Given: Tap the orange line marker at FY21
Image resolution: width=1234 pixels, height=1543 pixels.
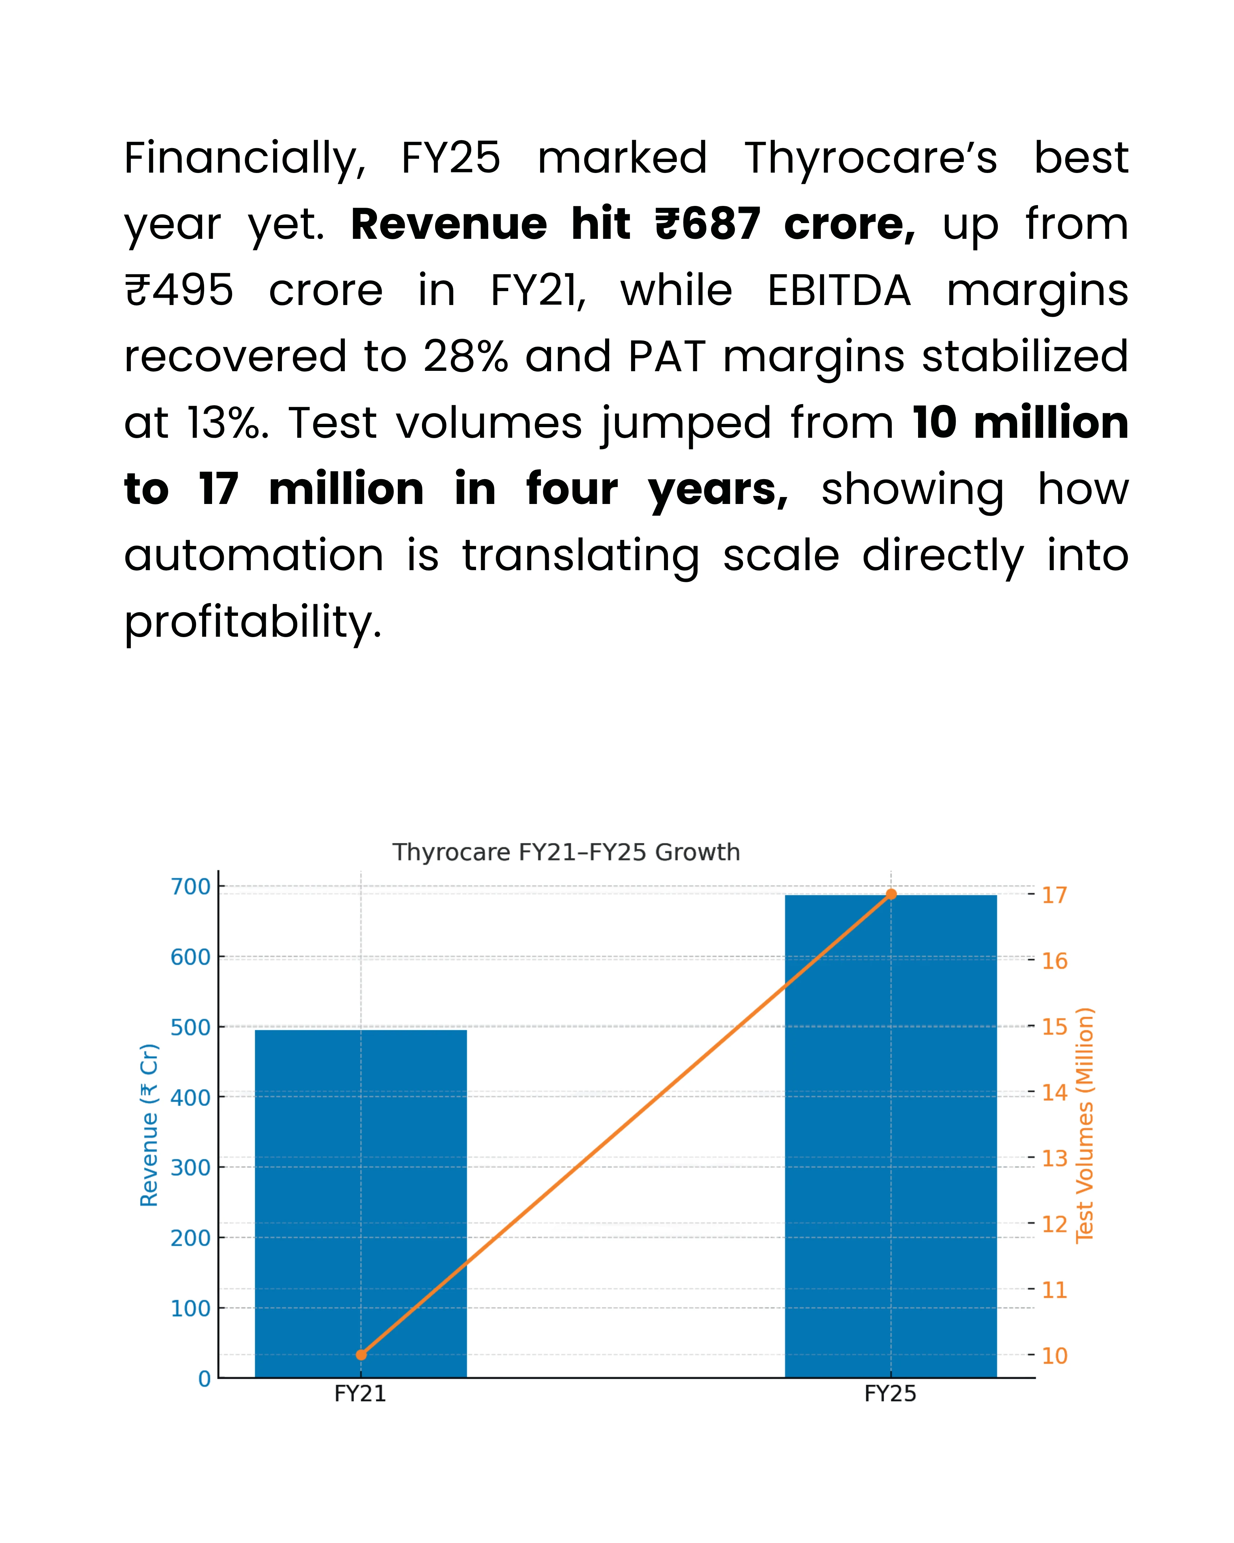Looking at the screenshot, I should click(361, 1355).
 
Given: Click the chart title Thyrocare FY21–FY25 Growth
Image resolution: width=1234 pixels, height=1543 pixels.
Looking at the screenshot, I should click(566, 853).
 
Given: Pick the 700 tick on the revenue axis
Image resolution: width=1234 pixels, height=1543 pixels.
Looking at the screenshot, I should click(190, 887).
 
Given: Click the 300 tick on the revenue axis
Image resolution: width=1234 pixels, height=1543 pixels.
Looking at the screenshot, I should click(190, 1167).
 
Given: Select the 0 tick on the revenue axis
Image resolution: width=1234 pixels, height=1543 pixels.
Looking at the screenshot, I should click(205, 1378).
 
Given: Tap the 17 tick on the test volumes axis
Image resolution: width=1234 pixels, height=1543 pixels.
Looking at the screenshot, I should click(1054, 895).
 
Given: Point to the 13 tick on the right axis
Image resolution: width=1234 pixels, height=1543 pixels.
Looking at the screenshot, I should click(1054, 1158).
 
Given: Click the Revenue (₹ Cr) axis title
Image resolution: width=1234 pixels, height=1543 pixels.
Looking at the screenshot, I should click(149, 1125).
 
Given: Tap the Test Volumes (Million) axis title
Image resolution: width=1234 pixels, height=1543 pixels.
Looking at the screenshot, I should click(1084, 1125).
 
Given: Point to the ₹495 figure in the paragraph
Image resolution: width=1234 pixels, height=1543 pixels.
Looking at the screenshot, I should click(179, 290).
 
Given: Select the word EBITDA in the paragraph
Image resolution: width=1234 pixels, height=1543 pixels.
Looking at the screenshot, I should click(838, 290).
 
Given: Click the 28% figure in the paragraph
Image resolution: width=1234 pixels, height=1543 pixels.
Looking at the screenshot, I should click(465, 357).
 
